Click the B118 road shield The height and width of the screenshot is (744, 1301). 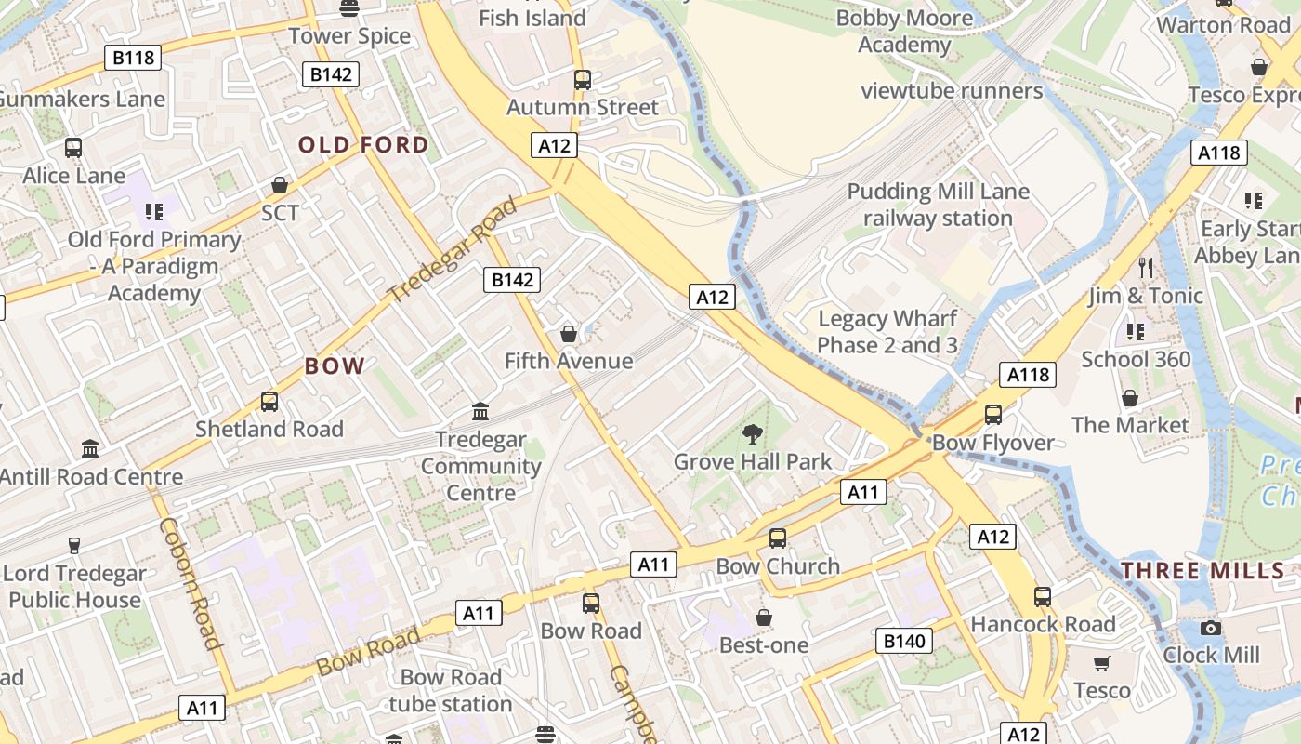[134, 58]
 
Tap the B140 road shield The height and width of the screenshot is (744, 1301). [904, 640]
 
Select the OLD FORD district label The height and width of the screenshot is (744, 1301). [363, 144]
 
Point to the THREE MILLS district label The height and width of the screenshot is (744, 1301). [1202, 570]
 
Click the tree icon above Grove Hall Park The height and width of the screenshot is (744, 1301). [752, 433]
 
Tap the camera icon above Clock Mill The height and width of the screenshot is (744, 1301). [1210, 628]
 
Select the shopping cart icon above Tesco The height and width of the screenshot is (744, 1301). [1102, 663]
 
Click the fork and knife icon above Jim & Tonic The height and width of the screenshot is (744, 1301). [1145, 268]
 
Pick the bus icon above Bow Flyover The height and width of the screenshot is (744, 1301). [992, 415]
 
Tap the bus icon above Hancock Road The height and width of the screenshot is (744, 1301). [1043, 597]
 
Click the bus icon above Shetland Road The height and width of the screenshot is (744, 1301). [269, 402]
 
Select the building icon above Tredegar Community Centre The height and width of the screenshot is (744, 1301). [480, 411]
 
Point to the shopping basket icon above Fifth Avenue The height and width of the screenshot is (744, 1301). [568, 333]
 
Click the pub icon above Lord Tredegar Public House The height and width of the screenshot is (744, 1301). [74, 545]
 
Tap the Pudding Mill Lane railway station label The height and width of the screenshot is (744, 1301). [938, 205]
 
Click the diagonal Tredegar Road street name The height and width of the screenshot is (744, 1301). [452, 249]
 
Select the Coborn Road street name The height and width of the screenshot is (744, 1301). [191, 582]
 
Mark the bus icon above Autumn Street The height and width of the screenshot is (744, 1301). [583, 80]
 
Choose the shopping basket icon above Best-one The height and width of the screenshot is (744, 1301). [764, 618]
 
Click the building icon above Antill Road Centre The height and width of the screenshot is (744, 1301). [90, 449]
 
